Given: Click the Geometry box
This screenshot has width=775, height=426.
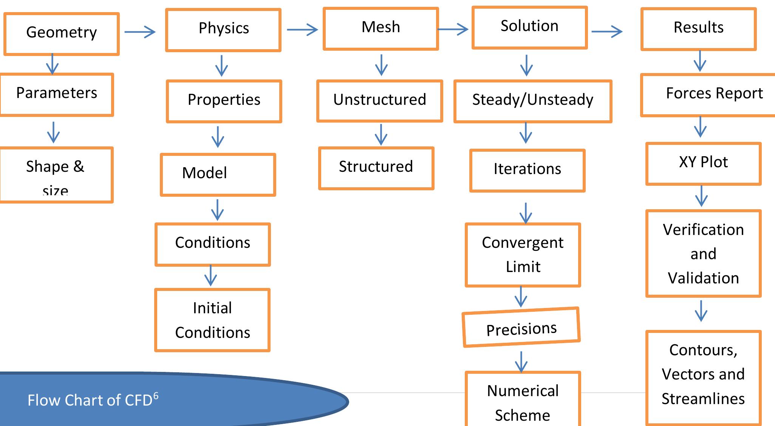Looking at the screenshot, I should (62, 34).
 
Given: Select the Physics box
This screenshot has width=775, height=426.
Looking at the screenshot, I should (223, 30).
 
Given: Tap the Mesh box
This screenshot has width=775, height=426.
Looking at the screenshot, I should (381, 28).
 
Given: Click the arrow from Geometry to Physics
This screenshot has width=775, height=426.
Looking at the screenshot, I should (140, 32).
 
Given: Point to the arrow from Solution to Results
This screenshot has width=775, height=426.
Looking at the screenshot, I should (607, 31).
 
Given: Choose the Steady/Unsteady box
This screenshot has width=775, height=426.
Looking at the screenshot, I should (532, 101).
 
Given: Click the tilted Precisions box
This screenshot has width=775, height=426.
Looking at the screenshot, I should (521, 328).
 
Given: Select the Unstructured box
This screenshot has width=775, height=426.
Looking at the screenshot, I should (379, 101).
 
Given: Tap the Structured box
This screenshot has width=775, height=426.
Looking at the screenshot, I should (376, 168).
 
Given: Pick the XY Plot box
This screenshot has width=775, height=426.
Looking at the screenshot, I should (703, 163).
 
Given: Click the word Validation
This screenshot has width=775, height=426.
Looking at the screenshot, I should (703, 278).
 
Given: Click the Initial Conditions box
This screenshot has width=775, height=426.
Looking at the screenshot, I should (212, 320).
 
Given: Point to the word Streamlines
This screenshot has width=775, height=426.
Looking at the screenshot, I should (703, 399).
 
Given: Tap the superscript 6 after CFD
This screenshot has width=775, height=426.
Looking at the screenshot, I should (156, 395).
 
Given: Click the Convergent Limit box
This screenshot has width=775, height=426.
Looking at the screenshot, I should (523, 255).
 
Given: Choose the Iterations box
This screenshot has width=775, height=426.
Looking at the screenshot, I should (527, 170).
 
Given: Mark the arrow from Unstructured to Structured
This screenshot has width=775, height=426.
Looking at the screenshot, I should (381, 134).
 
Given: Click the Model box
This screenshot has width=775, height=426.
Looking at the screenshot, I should (218, 174).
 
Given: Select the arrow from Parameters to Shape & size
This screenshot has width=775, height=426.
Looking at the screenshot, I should (53, 132).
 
